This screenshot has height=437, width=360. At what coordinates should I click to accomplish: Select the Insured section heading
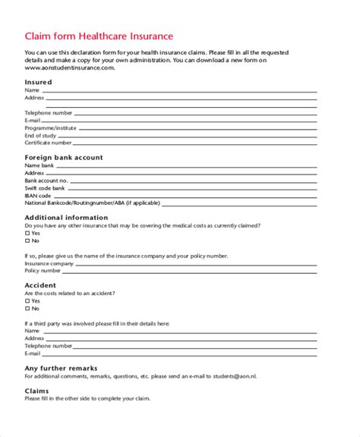point(38,82)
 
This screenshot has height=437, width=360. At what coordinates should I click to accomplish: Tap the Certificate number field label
point(48,142)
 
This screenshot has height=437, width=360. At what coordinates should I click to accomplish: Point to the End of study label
point(42,135)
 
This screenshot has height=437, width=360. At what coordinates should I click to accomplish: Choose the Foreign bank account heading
point(64,157)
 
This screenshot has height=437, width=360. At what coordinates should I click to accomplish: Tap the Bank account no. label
point(46,181)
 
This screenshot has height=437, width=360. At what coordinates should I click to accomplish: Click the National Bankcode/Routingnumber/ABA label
point(87,203)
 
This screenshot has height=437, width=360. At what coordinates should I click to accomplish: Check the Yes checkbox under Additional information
point(27,233)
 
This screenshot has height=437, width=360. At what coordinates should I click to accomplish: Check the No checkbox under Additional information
point(27,241)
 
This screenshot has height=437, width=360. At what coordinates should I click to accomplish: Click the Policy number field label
point(43,270)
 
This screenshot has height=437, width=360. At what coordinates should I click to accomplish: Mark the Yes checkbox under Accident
point(27,300)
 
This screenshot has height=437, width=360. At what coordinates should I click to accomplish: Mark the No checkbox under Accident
point(27,308)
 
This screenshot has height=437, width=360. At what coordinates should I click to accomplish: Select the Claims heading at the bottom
point(37,391)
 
